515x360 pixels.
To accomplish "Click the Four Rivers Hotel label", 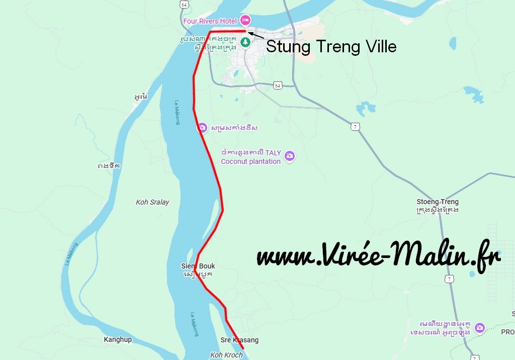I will tap(211, 21).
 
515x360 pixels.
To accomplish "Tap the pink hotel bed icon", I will tap(245, 21).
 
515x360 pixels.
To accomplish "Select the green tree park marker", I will tap(245, 43).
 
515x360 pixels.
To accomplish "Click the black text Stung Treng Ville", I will tap(331, 47).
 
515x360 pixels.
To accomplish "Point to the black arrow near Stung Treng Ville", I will tap(255, 35).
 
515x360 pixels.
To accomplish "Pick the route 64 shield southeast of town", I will tap(278, 85).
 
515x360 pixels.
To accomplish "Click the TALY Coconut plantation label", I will tap(251, 157).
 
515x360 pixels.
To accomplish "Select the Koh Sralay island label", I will tap(152, 202).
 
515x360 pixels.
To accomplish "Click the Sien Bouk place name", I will tap(198, 266).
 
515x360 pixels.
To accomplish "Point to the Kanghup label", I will tap(118, 339).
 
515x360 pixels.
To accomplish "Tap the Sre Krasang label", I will tap(239, 340).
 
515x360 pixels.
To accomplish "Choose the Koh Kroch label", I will tap(226, 355).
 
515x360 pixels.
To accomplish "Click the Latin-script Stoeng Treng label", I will tap(438, 202).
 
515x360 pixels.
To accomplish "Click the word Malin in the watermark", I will tap(425, 255).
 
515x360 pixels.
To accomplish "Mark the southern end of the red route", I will tap(243, 348).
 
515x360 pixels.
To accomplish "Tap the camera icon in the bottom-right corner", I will tap(480, 327).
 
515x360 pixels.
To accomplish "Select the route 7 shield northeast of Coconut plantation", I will tap(356, 127).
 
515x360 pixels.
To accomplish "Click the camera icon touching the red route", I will tap(202, 128).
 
